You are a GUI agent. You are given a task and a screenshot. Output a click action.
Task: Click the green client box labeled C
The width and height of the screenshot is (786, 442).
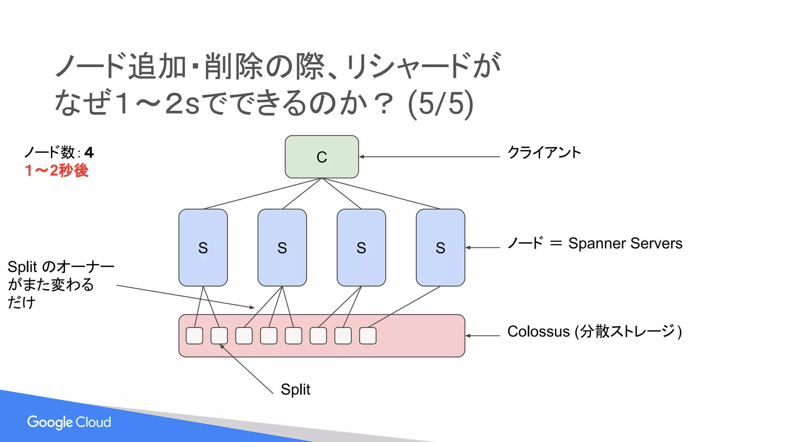322,157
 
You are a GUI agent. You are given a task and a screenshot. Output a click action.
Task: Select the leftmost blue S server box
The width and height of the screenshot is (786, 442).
203,247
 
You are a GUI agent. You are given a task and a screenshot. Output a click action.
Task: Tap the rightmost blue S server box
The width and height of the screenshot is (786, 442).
440,247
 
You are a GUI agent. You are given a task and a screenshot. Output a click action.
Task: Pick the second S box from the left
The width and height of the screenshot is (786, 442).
282,247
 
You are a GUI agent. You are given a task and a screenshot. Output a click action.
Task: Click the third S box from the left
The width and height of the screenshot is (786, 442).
361,247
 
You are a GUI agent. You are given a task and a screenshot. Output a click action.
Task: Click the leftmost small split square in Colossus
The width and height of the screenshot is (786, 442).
195,336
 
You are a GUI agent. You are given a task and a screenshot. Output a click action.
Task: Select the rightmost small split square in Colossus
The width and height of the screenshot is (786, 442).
368,336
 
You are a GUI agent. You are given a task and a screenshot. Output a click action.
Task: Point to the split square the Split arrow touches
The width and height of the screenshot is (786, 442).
219,336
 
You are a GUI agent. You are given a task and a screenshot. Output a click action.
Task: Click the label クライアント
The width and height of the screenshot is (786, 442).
544,152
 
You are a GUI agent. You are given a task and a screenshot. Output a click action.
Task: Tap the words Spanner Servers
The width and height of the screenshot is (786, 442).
625,243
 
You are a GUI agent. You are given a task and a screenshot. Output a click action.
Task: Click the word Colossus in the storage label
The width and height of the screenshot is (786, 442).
538,331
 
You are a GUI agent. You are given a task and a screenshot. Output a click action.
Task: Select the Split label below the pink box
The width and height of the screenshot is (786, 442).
295,389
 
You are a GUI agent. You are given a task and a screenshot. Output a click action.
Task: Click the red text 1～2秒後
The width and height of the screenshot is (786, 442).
57,170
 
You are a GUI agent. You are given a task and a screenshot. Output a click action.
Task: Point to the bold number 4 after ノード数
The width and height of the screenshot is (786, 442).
89,153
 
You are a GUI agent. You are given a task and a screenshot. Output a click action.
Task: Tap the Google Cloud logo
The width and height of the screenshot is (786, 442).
69,422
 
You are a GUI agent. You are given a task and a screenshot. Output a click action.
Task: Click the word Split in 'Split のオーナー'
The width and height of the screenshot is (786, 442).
22,267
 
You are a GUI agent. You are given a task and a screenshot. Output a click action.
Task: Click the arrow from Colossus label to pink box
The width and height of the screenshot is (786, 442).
482,336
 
